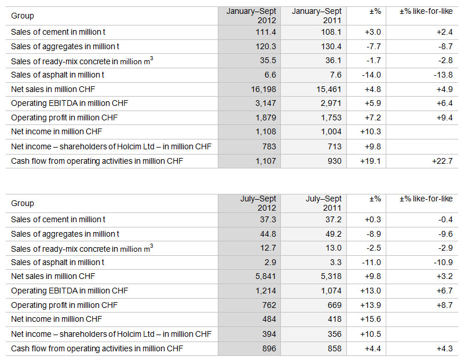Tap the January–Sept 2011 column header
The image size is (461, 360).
(316, 16)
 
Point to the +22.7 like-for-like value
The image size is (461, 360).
(442, 161)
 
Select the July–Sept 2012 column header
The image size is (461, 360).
(258, 203)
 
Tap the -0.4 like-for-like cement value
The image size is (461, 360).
(444, 219)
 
